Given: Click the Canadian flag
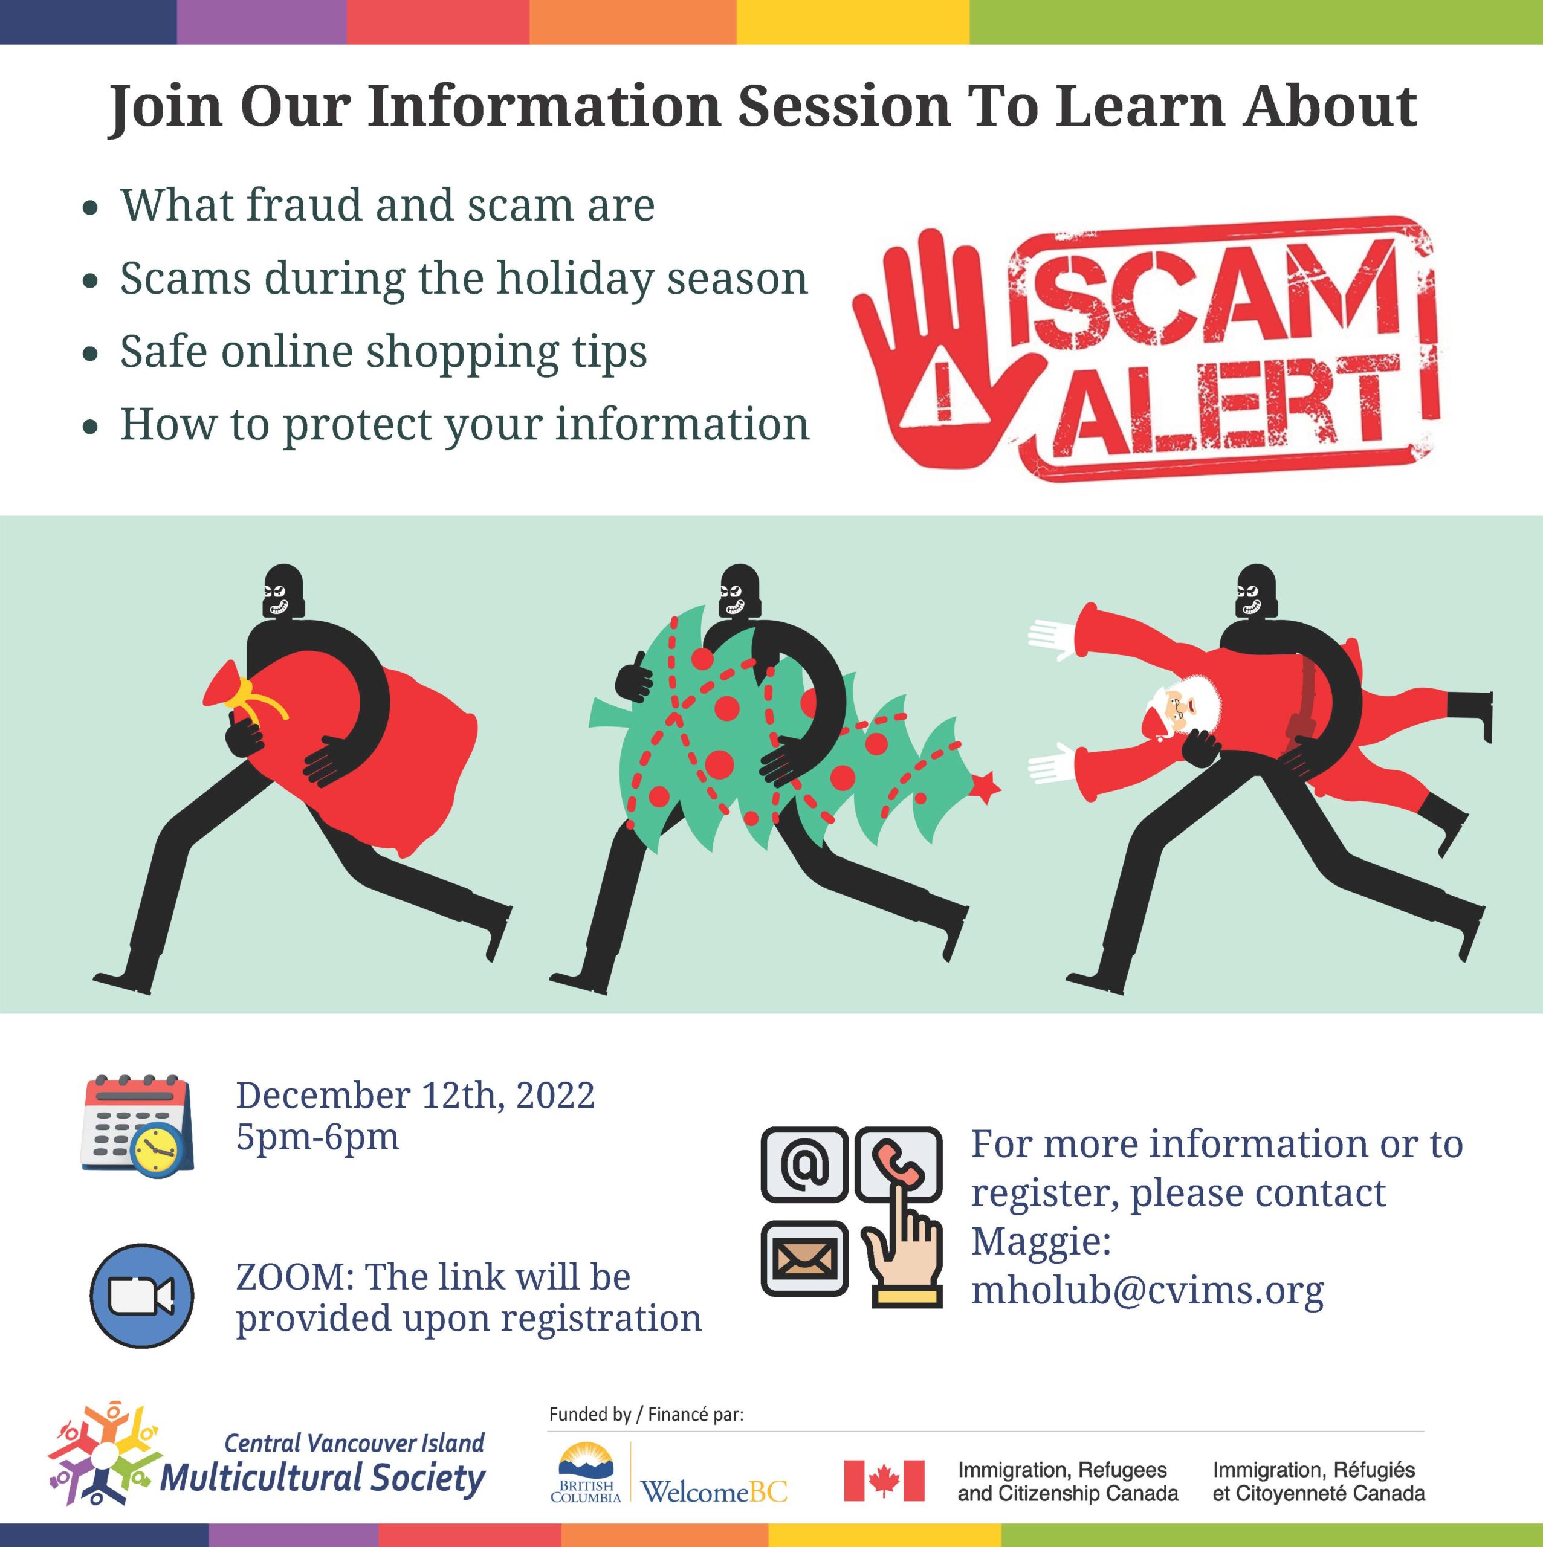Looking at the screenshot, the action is coord(884,1481).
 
